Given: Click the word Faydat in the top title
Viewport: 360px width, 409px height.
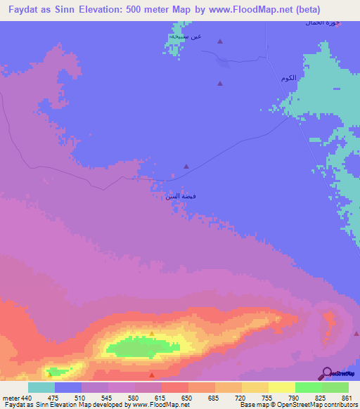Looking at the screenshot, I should tap(25, 11).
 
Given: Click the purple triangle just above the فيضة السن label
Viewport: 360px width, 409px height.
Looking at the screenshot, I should tap(186, 167).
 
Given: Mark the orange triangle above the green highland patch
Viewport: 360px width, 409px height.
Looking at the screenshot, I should tap(151, 333).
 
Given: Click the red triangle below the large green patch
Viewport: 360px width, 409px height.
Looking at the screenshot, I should tap(152, 376).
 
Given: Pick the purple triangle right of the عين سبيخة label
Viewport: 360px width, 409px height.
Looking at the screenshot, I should tap(219, 41).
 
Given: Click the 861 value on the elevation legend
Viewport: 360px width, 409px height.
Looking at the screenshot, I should tap(345, 397).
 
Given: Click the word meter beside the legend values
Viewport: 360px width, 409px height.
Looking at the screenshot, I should tap(10, 397).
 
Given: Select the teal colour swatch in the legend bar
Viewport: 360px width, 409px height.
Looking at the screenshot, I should tap(41, 387).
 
